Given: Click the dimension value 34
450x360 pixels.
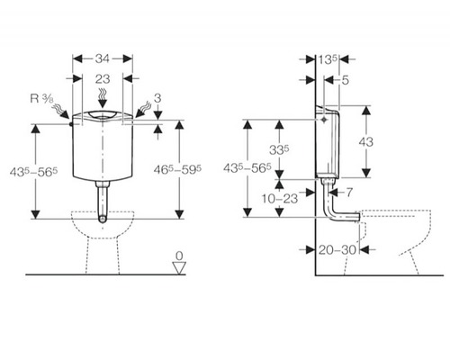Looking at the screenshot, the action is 103,58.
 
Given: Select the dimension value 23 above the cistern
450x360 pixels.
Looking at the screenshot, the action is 103,79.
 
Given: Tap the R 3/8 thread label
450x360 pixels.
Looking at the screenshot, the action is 41,99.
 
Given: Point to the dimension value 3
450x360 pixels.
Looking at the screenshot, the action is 157,98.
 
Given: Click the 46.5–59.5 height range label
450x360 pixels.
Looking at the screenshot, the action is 177,170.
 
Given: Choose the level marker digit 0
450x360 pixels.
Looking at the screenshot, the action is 179,256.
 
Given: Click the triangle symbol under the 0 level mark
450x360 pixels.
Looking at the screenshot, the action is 179,267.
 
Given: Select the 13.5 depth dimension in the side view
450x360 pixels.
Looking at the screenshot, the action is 328,59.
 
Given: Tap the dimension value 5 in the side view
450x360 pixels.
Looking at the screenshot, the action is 346,80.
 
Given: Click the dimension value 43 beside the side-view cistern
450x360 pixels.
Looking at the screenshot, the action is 366,141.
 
